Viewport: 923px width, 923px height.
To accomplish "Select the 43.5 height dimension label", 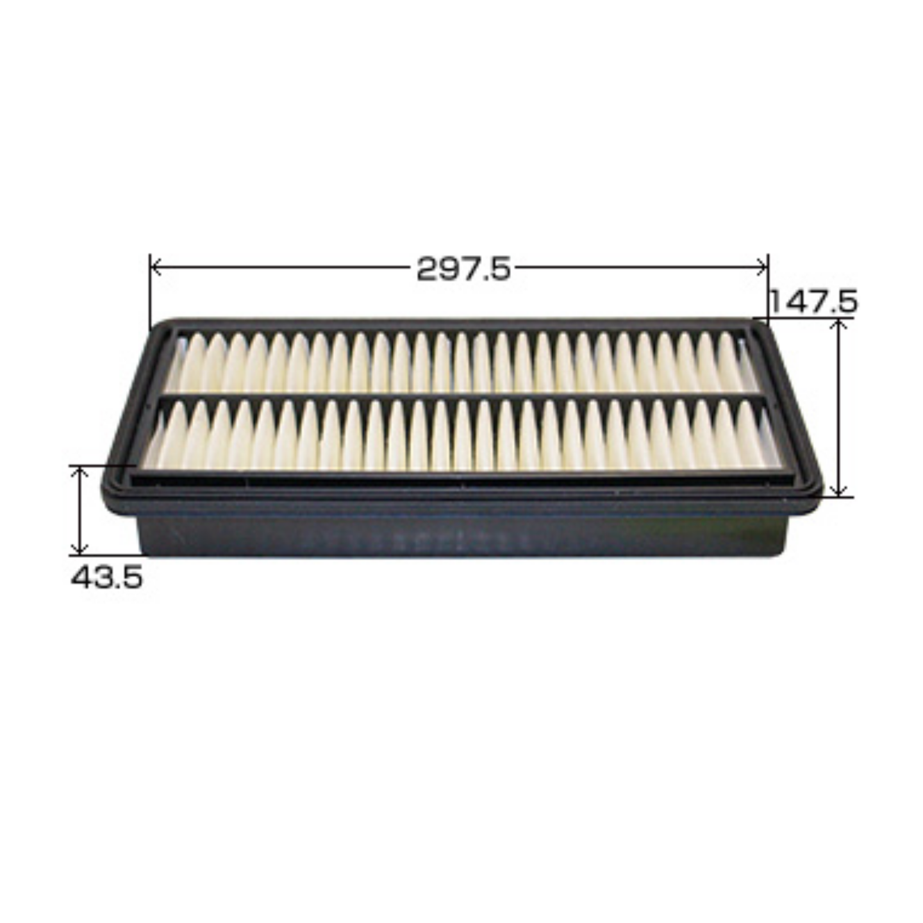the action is (107, 578).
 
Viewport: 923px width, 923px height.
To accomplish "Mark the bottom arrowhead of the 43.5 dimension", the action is (79, 549).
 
